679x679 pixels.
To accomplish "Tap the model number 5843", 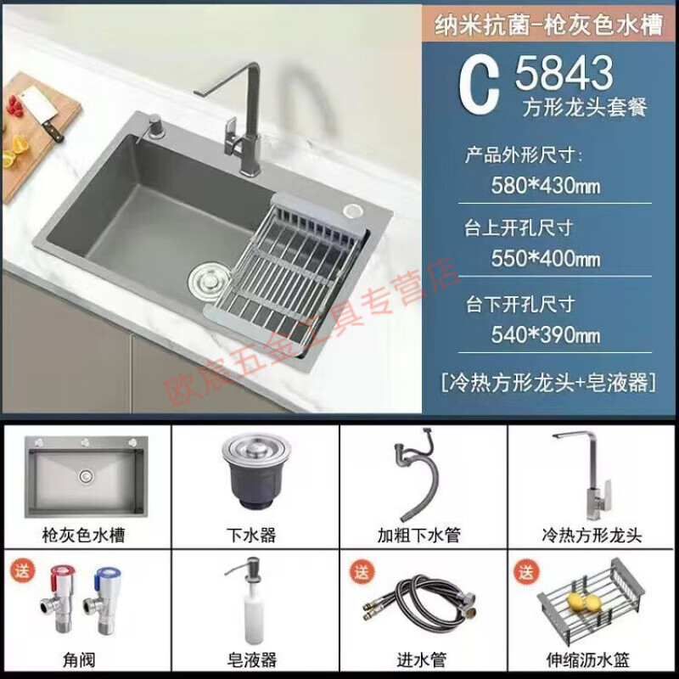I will click(564, 75).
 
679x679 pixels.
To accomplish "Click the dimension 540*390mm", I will click(546, 334).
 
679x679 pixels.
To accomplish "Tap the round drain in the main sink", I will click(206, 278).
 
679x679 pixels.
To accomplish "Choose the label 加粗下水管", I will click(420, 536).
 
